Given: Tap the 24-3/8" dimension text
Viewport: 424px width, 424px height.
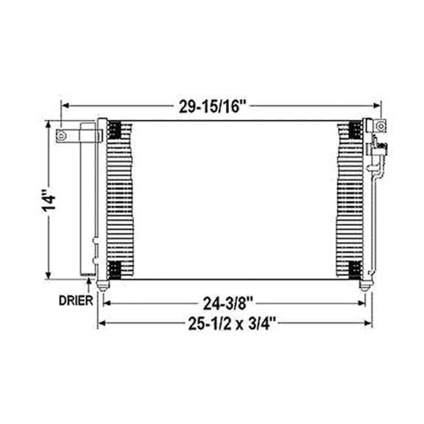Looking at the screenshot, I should (231, 302).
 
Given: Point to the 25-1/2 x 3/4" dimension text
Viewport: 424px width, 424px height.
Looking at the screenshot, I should (231, 322).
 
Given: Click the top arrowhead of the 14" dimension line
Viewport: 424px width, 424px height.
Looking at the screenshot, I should (51, 127).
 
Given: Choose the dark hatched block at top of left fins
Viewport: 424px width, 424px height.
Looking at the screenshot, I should (115, 131).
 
